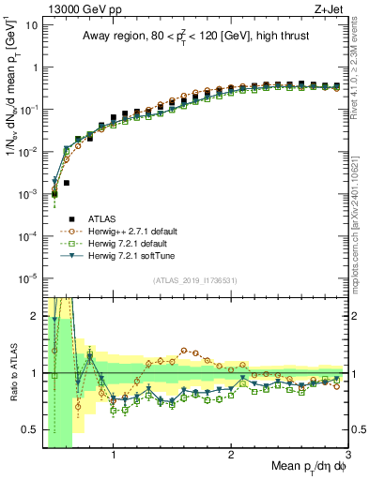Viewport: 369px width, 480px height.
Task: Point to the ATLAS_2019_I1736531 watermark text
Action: (194, 280)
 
